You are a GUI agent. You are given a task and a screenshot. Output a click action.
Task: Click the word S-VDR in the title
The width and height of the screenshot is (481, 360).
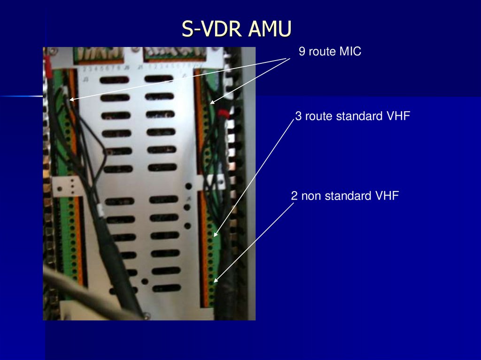point(212,29)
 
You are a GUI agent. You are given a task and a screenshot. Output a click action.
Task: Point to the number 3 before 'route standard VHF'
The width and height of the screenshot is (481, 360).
point(298,116)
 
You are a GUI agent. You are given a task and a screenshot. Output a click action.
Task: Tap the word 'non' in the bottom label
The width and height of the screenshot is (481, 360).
point(310,196)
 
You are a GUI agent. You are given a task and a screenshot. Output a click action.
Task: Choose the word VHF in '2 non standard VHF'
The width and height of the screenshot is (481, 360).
point(387,196)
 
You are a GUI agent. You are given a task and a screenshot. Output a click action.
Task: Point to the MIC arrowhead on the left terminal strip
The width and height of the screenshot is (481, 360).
point(71,99)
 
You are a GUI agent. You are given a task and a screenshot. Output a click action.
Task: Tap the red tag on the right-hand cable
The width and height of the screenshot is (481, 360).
point(224,113)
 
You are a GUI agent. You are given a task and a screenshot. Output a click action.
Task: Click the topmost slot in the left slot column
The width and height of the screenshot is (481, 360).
point(114,80)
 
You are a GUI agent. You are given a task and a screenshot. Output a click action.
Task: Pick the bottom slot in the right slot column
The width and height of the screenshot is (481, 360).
point(166,288)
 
